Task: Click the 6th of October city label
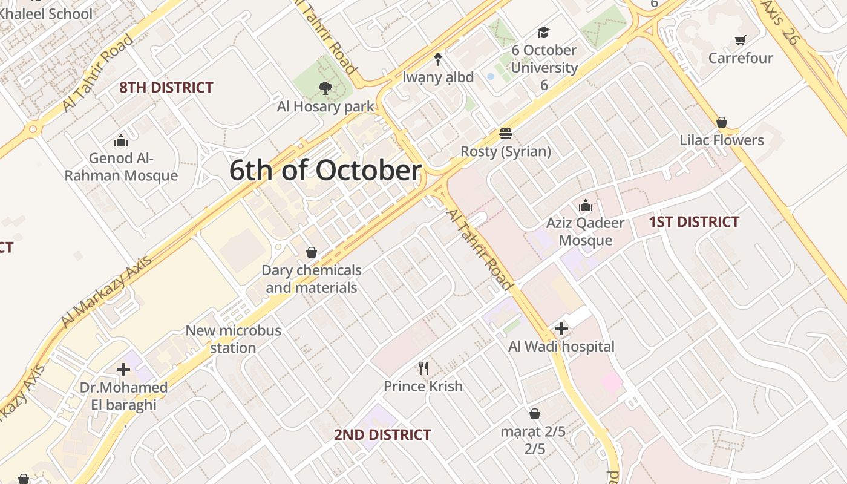(325, 171)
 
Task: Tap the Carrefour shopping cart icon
(740, 41)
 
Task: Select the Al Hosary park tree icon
(325, 89)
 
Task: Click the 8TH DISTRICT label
(166, 88)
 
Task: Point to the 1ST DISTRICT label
(694, 222)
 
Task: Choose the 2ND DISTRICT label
(382, 434)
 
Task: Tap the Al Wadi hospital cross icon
(561, 329)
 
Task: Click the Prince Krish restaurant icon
(423, 368)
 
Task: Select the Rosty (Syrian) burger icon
(506, 134)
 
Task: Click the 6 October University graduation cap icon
(544, 33)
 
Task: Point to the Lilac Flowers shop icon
(721, 123)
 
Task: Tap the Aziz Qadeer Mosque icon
(585, 206)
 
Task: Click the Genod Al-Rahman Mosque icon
(121, 140)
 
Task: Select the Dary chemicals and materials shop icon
(312, 252)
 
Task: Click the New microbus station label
(233, 339)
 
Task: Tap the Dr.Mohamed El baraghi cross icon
(123, 370)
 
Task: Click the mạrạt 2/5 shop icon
(534, 414)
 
